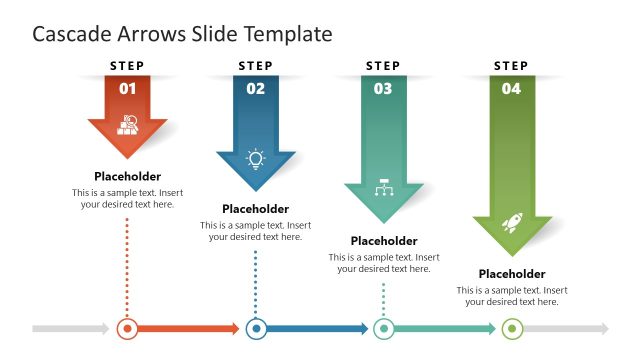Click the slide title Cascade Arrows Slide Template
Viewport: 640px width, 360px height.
[182, 34]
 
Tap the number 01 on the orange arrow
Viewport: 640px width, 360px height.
[128, 88]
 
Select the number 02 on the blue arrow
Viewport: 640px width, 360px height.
[256, 88]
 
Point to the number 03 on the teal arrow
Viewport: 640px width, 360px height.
[383, 88]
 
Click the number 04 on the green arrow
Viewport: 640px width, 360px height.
[511, 88]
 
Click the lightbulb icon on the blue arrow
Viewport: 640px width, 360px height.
[256, 158]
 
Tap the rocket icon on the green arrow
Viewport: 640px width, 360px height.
[511, 222]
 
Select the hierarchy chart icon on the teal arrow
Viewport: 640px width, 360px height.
[383, 189]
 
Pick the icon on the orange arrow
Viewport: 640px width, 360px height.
[128, 125]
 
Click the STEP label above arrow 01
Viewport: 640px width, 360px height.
[128, 66]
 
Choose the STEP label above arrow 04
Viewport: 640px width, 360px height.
[511, 66]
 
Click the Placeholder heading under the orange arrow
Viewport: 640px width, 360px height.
[128, 176]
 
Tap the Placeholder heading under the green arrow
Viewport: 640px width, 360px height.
[511, 274]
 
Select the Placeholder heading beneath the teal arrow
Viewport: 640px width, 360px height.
[384, 241]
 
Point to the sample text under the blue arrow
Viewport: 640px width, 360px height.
[256, 231]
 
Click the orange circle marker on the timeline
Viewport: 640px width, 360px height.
[127, 328]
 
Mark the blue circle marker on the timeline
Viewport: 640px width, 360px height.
[256, 328]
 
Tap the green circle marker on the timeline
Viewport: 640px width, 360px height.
[511, 328]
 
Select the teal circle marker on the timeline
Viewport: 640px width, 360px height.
[383, 328]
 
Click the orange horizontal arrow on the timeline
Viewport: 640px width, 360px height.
[190, 328]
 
